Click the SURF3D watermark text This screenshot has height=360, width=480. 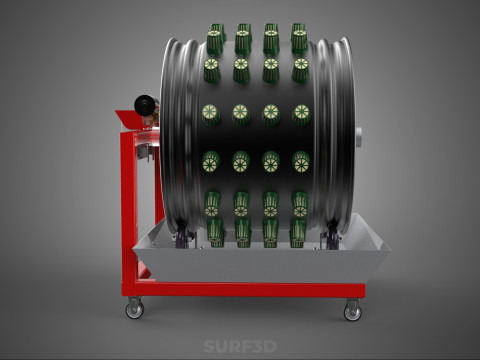point(240,346)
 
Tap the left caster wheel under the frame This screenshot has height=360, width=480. point(135,310)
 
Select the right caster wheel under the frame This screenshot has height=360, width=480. point(352,312)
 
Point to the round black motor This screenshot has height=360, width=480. point(145,105)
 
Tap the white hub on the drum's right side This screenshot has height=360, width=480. point(359,137)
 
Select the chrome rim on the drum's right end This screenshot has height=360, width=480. point(333,133)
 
